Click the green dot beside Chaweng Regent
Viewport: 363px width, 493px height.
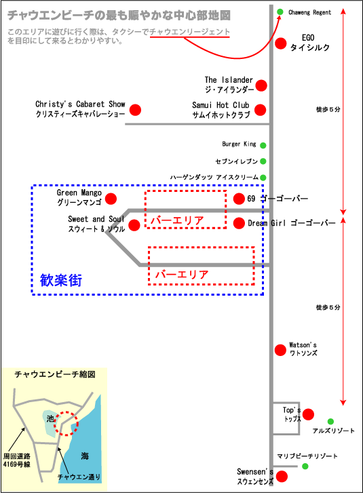280,12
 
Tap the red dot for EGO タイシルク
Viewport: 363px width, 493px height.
281,43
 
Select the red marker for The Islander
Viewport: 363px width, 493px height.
261,85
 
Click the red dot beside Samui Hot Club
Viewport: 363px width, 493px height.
260,110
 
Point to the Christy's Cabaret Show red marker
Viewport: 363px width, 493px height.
135,110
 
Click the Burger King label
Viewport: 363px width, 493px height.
239,144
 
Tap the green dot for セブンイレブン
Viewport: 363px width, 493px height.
263,161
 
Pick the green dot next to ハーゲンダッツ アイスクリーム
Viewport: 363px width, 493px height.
263,178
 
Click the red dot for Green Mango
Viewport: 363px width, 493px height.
111,199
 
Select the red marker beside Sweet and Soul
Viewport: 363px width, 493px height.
134,225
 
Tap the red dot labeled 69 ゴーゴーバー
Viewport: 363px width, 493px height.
239,199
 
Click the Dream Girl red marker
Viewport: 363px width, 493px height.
239,223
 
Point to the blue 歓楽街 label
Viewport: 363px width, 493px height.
61,280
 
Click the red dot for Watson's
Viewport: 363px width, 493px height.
280,350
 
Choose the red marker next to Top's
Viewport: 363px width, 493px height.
308,414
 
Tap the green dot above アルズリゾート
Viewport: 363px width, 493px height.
330,421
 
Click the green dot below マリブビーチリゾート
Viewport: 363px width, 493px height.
305,466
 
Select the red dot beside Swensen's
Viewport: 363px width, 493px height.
282,476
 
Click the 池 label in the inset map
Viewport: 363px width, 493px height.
50,418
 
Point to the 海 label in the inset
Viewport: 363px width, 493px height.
85,456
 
